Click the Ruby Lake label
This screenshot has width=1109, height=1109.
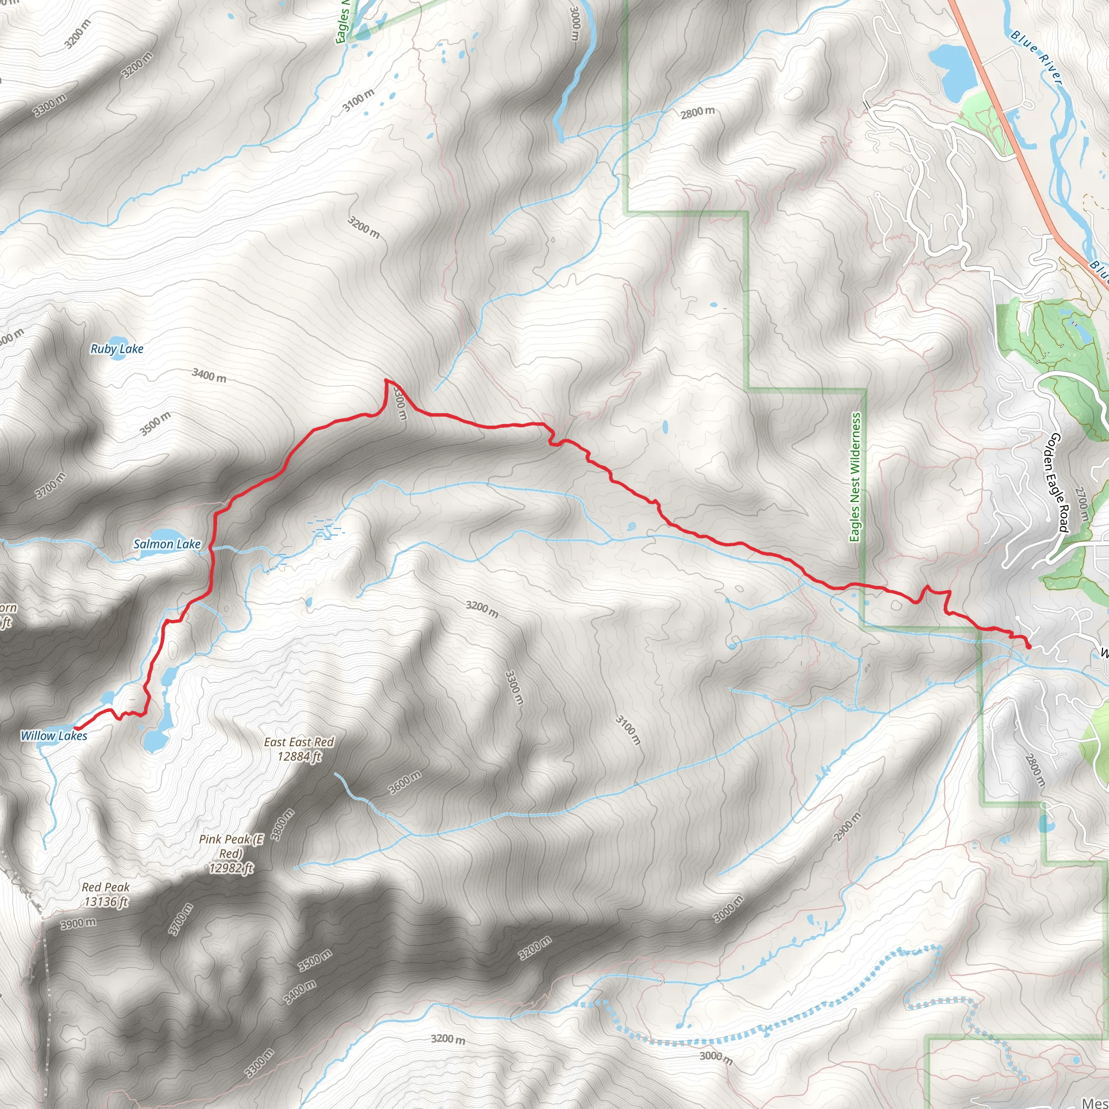pos(117,348)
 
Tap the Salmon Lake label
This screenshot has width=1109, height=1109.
pos(167,544)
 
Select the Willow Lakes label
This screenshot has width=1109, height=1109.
pos(54,735)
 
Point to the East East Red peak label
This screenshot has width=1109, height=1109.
pos(298,749)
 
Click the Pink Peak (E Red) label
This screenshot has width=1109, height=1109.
pos(231,853)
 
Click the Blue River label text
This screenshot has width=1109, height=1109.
pos(1036,57)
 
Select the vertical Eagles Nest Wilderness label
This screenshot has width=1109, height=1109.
pos(855,477)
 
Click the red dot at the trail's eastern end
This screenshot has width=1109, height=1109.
pos(1028,647)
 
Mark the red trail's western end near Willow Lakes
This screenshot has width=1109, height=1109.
pos(76,729)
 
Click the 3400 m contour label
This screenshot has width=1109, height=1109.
pos(209,376)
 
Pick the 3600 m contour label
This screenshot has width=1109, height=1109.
pos(405,782)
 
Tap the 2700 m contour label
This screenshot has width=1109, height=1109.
pos(1082,504)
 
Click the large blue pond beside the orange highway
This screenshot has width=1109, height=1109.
pos(953,72)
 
